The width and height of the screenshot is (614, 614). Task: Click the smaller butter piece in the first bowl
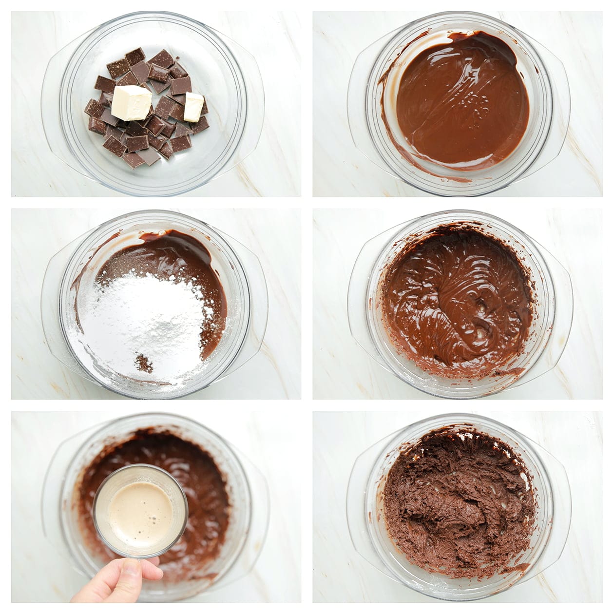tap(193, 106)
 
